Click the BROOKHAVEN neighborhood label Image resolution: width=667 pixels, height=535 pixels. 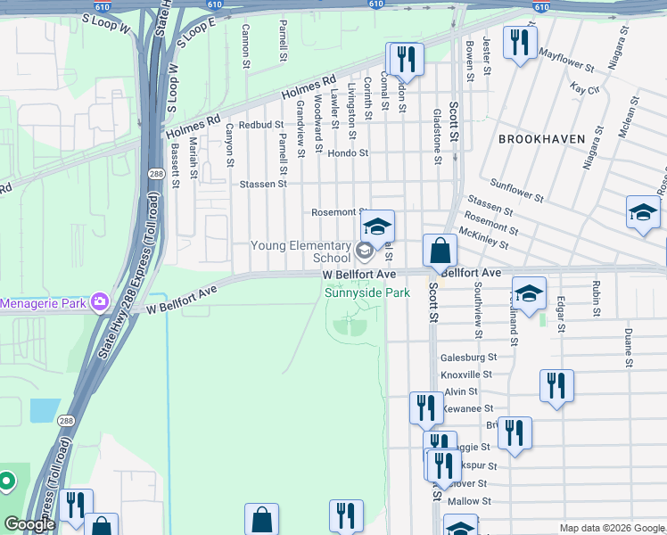[x=541, y=139]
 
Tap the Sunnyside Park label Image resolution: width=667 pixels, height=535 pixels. [x=366, y=292]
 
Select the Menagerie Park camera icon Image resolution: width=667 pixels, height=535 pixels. [x=99, y=303]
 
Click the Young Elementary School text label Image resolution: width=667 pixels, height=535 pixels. [x=301, y=251]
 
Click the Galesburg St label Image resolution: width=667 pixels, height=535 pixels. [x=468, y=357]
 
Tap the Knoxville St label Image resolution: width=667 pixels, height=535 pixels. [x=467, y=374]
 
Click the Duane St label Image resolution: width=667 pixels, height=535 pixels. [x=629, y=348]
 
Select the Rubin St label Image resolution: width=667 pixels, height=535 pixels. [x=595, y=299]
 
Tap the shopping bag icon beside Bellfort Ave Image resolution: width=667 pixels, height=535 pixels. [x=440, y=251]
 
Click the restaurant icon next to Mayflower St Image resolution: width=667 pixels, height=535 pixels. [x=518, y=41]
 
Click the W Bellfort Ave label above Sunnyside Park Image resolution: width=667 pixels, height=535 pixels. [x=358, y=275]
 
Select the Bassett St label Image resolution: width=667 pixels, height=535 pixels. [x=176, y=167]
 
